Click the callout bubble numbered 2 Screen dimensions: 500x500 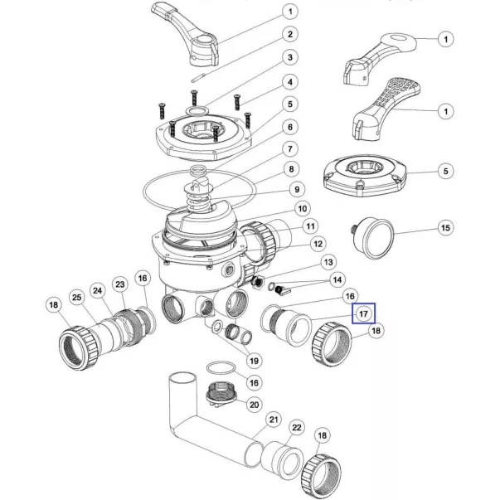290,34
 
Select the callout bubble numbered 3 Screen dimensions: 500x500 290,57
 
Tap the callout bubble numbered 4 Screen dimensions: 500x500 290,82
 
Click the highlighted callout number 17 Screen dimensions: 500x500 363,313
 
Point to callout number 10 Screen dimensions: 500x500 303,209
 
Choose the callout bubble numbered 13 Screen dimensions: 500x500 328,262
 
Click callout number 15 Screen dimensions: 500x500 445,228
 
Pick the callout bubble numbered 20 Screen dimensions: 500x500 254,405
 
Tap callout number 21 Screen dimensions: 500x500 274,420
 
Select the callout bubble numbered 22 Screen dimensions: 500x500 297,427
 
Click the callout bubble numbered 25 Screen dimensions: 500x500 77,298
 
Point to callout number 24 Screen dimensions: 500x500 98,290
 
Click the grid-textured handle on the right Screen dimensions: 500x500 386,109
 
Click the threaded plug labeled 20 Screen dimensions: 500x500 221,395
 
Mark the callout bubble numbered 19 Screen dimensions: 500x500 254,361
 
